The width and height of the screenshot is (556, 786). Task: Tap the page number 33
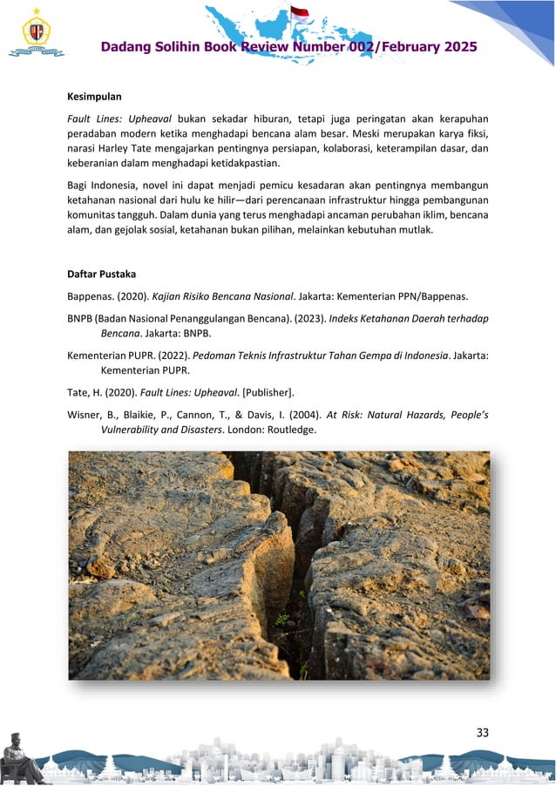[482, 732]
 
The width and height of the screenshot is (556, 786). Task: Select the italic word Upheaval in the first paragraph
[146, 118]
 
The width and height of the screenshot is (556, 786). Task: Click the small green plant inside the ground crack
[282, 620]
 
